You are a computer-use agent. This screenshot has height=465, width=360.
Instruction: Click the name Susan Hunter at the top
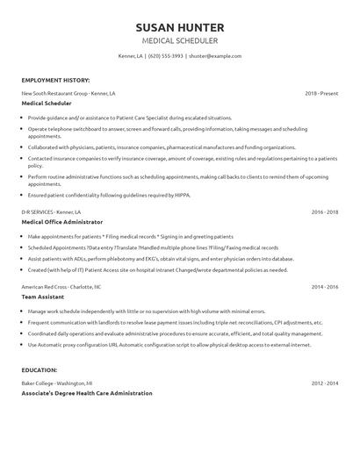click(179, 26)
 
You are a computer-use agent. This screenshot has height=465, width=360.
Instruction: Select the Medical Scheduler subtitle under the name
click(179, 40)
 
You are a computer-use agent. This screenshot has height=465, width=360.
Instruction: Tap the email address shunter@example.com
click(215, 56)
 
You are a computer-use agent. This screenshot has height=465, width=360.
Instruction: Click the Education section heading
click(42, 370)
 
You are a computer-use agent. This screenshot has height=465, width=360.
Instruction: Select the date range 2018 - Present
click(320, 92)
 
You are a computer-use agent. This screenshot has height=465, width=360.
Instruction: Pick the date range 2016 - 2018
click(324, 212)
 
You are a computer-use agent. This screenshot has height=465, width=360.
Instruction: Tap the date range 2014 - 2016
click(324, 287)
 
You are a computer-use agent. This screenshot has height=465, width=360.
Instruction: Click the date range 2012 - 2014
click(324, 383)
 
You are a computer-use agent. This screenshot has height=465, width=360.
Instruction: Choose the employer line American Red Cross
click(61, 287)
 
